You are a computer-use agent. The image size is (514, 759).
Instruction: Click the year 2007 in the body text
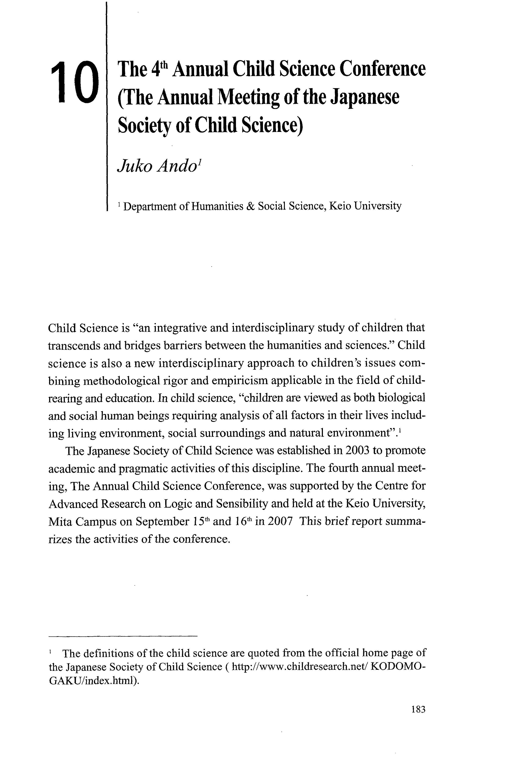[x=280, y=521]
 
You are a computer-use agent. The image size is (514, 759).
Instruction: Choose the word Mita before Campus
[x=60, y=522]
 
